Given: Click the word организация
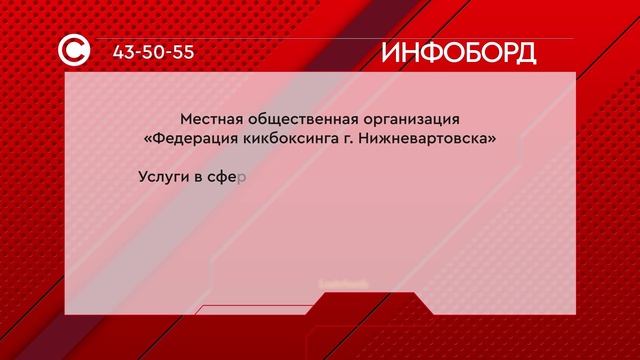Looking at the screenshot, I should point(412,119).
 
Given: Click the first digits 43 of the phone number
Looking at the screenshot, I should point(125,52).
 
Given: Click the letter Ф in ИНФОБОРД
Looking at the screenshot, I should point(429,52).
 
